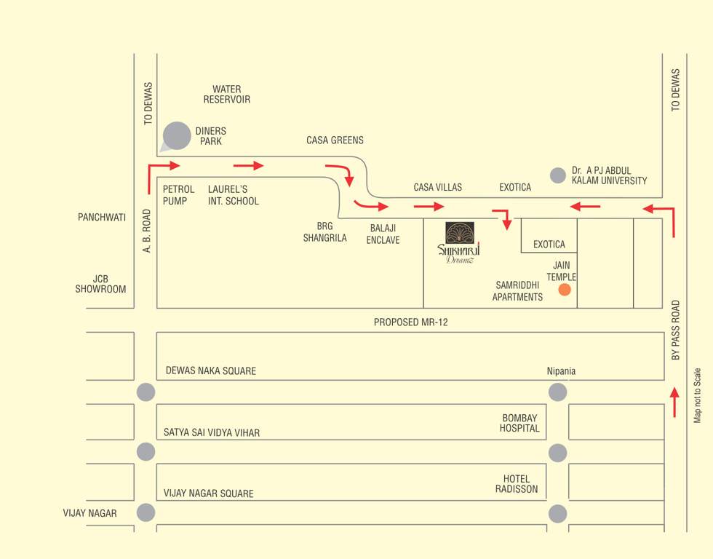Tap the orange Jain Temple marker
(565, 290)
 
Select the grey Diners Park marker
(177, 135)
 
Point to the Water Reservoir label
(227, 95)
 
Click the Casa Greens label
(335, 140)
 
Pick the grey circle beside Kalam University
(558, 175)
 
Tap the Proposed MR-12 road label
(411, 322)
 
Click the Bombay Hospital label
(520, 423)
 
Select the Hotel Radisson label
(517, 484)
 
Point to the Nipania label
(561, 371)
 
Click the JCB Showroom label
(100, 284)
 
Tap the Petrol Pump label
(178, 195)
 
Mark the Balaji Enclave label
(383, 234)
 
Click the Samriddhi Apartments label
(517, 291)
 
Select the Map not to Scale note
(697, 395)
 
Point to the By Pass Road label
(676, 330)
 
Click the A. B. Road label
(147, 231)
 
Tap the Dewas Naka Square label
(211, 371)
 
